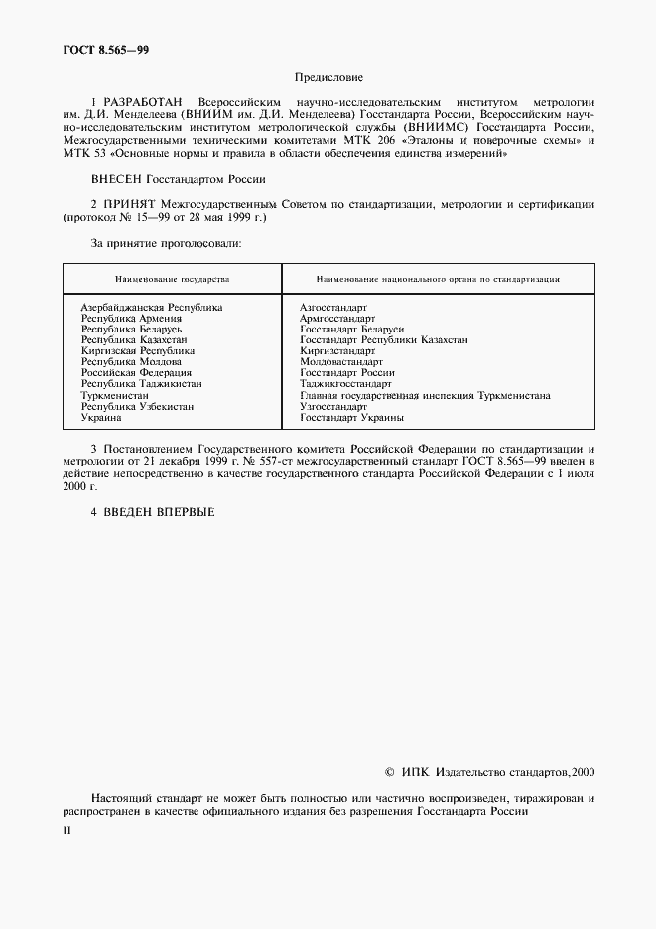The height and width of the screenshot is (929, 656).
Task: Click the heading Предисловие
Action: [x=328, y=76]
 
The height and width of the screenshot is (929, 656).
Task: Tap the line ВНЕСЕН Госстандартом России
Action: [x=179, y=180]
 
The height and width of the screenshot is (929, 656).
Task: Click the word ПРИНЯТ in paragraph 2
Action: [x=143, y=204]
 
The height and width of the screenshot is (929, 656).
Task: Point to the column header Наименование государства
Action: [x=172, y=280]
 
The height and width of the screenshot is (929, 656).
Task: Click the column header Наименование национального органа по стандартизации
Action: [x=438, y=280]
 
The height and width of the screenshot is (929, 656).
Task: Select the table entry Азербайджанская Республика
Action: [x=151, y=308]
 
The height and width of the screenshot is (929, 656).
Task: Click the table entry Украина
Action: [x=101, y=418]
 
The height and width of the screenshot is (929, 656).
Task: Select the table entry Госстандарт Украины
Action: [x=351, y=418]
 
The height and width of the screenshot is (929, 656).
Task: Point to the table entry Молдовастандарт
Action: [x=341, y=363]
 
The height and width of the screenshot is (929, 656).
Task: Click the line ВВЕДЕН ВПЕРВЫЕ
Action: [x=153, y=512]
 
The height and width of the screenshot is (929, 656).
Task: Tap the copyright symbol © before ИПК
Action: [x=389, y=772]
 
